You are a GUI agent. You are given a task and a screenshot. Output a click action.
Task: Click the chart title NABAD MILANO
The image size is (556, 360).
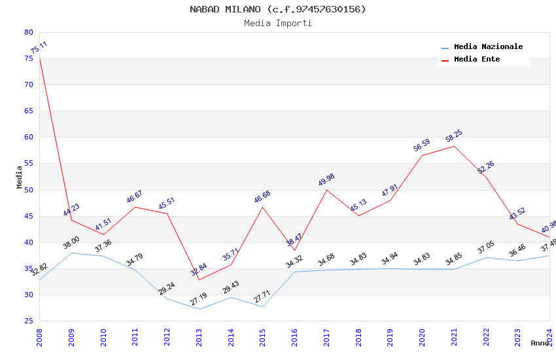[277, 9]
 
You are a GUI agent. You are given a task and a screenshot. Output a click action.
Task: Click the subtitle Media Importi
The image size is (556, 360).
[277, 24]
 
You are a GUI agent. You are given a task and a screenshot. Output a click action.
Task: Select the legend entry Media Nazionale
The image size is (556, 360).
[488, 46]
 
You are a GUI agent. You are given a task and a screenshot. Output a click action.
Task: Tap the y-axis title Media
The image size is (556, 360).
[20, 177]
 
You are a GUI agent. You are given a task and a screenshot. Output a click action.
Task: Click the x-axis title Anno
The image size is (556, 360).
[540, 343]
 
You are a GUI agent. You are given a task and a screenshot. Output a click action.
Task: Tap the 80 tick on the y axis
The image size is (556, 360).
[28, 32]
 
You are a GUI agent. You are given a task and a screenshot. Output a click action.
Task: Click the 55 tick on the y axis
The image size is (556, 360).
[28, 164]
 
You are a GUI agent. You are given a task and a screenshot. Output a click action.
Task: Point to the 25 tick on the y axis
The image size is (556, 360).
[28, 321]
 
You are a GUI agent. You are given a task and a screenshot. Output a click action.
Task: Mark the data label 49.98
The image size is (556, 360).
[326, 181]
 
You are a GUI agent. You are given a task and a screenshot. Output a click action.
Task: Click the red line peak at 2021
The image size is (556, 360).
[454, 146]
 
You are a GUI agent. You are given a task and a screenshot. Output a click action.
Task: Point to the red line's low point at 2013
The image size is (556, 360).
[199, 279]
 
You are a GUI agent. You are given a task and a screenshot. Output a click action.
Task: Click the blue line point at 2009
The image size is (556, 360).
[71, 253]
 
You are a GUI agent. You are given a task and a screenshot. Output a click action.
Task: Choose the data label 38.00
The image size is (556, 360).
[71, 243]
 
